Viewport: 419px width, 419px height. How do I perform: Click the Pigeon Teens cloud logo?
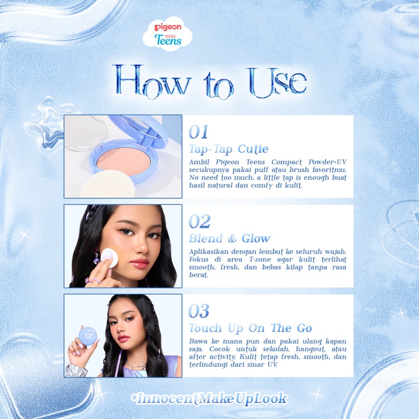pos(167,34)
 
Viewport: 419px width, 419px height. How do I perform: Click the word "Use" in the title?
pos(277,82)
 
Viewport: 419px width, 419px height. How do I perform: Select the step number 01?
pos(198,132)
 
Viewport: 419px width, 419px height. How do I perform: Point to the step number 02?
pos(199,221)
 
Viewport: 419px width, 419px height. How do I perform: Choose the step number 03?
pos(199,311)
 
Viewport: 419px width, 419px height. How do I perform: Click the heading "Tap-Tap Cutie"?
pos(228,149)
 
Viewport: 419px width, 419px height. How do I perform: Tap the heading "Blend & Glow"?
pos(230,239)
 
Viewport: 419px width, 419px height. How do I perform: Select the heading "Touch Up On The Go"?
pos(250,328)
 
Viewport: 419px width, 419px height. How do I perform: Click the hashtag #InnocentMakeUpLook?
pos(209,399)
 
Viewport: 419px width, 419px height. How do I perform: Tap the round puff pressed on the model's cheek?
pos(110,258)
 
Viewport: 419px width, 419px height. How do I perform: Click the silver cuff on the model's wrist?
pos(77,370)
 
